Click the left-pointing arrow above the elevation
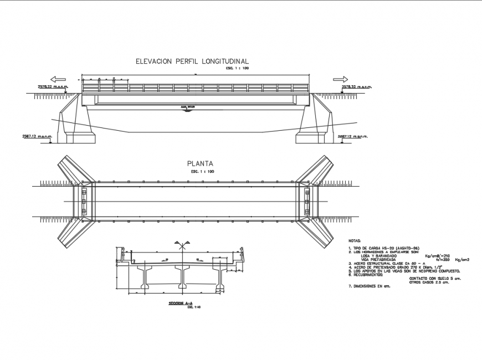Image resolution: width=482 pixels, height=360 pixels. pyautogui.click(x=58, y=79)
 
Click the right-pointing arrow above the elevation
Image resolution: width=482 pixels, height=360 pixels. pyautogui.click(x=340, y=79)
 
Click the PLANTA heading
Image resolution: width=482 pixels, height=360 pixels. pyautogui.click(x=200, y=164)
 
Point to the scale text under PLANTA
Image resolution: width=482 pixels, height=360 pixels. pyautogui.click(x=202, y=172)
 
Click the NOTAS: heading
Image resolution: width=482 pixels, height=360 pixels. pyautogui.click(x=355, y=241)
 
